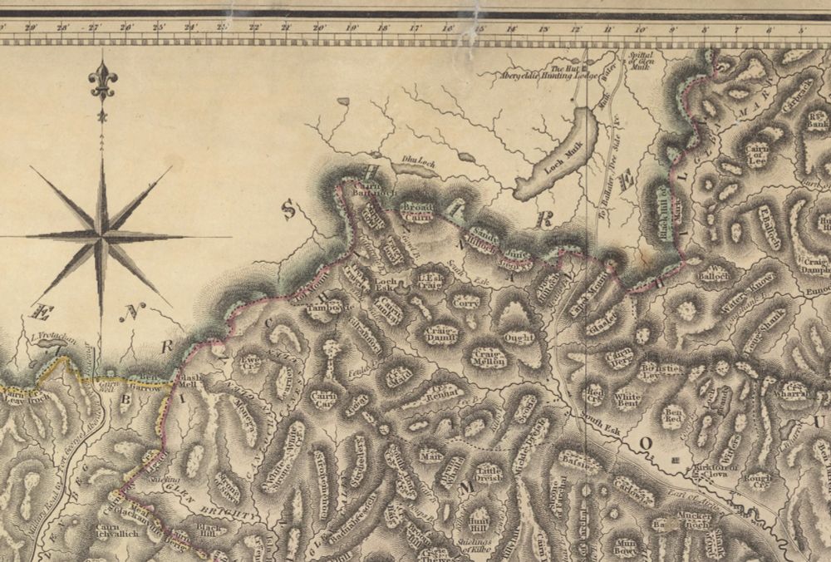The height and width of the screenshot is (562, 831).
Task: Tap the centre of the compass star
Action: (101, 237)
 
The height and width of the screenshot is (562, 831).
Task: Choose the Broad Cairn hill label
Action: (417, 212)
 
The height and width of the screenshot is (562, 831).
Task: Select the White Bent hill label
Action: (627, 401)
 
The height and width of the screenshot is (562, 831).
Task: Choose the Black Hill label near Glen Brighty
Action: (207, 530)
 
